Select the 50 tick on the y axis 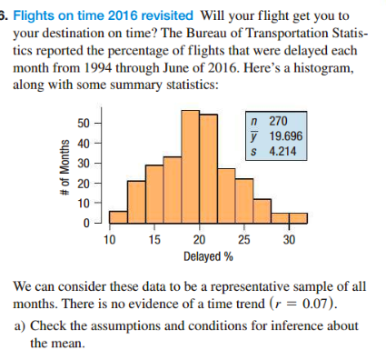click(83, 122)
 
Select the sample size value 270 click(280, 120)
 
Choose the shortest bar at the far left click(118, 217)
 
